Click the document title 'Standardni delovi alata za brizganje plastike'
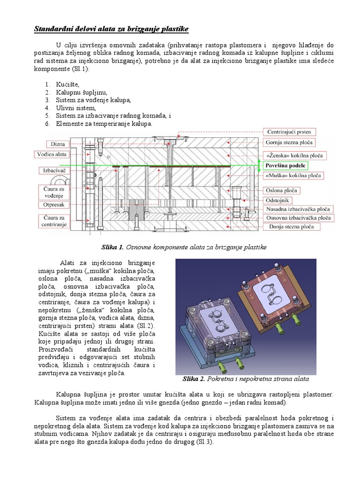click(x=111, y=30)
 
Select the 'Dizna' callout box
click(x=58, y=144)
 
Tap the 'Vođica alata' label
click(x=52, y=154)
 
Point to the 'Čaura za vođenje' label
click(x=52, y=191)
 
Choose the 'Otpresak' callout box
click(x=53, y=205)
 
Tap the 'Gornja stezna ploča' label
click(x=290, y=142)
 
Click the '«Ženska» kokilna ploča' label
click(x=294, y=155)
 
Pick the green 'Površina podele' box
click(x=285, y=165)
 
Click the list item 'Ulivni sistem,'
click(x=75, y=108)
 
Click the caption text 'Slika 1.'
click(x=112, y=247)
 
